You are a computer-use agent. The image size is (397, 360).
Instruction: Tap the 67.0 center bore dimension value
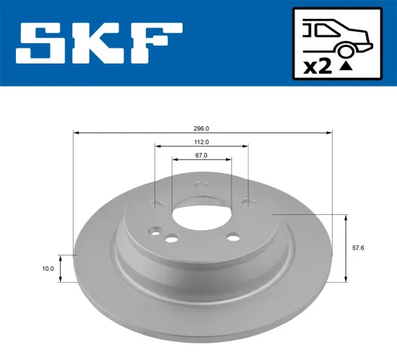(201, 155)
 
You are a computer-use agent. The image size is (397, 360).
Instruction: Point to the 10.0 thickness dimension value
(48, 268)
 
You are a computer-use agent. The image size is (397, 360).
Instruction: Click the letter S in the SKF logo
(47, 43)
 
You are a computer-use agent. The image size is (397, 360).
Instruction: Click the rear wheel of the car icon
(346, 49)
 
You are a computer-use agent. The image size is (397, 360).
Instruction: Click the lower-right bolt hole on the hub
(232, 237)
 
